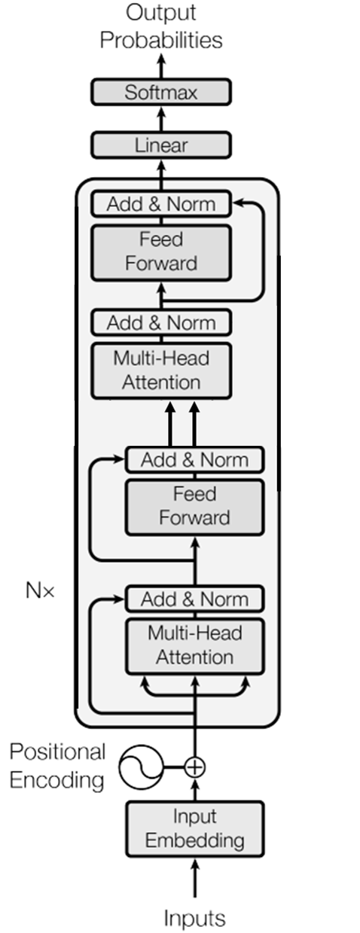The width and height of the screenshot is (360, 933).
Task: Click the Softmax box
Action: coord(160,93)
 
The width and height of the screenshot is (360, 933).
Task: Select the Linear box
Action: coord(160,145)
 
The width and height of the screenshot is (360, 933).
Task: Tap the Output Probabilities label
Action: coord(161,26)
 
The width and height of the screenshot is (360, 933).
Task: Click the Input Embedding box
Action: coord(194,828)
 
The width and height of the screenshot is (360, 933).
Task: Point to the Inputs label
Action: coord(194,918)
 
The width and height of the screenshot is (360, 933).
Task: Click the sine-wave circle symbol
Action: coord(141,767)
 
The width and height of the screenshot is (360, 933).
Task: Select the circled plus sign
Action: coord(195,767)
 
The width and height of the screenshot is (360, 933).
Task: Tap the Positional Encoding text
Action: coord(57,766)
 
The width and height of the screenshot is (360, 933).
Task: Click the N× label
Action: coord(40,590)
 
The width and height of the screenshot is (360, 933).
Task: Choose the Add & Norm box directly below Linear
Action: coord(160,204)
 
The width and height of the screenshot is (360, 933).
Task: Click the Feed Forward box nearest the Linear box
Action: coord(160,252)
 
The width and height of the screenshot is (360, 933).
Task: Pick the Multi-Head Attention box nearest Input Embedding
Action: coord(194,645)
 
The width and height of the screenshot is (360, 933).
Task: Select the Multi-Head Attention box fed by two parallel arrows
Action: coord(160,370)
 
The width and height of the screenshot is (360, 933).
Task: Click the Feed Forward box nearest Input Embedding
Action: coord(194,507)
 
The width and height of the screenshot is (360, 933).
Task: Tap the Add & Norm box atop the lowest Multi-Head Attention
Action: coord(194,599)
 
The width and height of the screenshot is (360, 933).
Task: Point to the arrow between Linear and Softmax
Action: coord(160,119)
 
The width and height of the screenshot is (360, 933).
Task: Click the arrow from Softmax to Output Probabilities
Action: coord(160,66)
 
